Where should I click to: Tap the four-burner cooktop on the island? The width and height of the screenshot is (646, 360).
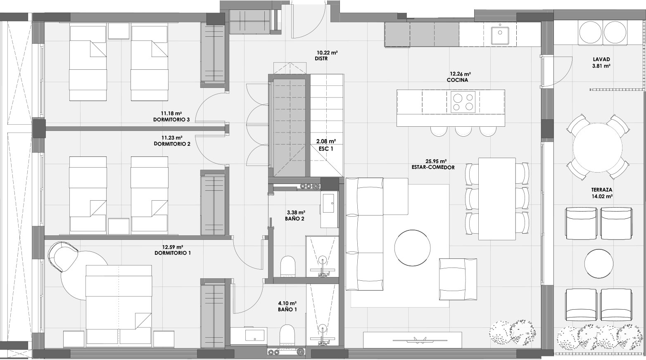463,102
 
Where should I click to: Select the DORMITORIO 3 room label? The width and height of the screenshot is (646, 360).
171,120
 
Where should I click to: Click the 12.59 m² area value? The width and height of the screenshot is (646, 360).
173,247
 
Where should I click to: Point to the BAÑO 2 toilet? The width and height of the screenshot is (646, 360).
288,266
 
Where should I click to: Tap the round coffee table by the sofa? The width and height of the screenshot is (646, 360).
412,248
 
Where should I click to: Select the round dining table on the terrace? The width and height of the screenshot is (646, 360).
598,147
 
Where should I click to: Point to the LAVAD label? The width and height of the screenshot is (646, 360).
601,59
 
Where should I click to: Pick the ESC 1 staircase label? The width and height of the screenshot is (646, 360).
326,149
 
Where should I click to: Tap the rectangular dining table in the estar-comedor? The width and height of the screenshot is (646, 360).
497,199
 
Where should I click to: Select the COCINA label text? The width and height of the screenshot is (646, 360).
457,80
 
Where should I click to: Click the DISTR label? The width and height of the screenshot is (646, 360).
321,59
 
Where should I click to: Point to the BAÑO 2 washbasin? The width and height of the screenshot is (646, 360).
329,203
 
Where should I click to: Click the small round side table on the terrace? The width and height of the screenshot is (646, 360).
598,263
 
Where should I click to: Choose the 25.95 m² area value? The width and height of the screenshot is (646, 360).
436,161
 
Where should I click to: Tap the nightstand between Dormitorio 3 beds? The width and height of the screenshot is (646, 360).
119,31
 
